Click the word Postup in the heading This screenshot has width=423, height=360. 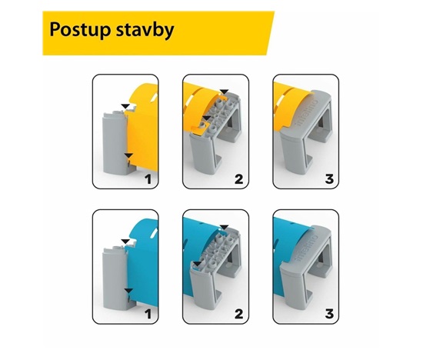(80, 30)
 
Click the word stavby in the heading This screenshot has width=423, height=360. (145, 30)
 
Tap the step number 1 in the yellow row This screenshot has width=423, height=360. (148, 179)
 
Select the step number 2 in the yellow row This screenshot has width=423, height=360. (238, 179)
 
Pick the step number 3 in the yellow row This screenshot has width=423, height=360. (329, 179)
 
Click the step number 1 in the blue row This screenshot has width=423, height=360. (148, 314)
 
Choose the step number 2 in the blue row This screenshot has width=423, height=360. (238, 314)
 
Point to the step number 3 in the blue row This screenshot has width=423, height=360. (329, 314)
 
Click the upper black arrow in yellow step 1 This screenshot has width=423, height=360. (125, 106)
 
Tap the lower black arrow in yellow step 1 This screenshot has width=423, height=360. (128, 155)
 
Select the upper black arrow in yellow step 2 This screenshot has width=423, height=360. (225, 92)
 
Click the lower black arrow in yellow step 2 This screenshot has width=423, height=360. (207, 118)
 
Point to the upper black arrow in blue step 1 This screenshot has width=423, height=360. (125, 242)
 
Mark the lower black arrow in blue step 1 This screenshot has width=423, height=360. (128, 291)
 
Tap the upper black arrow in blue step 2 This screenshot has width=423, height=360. (225, 227)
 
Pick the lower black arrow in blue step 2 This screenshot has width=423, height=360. (198, 264)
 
